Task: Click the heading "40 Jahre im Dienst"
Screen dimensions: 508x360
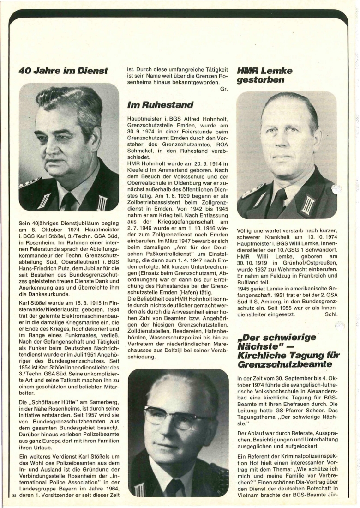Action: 63,71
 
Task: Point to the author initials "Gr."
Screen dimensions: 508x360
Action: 224,89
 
